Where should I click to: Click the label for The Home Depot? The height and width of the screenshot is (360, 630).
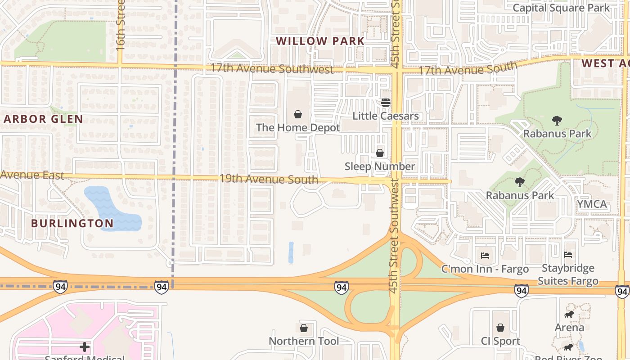(298, 128)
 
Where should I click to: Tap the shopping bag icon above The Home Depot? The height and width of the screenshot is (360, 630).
(297, 114)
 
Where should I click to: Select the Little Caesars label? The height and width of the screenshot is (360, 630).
(386, 116)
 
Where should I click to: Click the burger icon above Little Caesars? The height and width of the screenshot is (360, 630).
(385, 103)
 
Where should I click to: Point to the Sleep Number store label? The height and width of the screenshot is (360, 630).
(380, 166)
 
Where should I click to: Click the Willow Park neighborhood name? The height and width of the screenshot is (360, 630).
(320, 41)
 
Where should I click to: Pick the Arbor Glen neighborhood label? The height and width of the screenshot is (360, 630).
(43, 119)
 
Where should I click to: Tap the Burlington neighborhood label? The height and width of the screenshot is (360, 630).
(72, 223)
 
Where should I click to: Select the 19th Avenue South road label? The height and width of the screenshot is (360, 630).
(269, 179)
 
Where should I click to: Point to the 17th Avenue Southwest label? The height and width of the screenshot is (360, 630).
(272, 69)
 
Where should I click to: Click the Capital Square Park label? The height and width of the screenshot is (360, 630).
(561, 8)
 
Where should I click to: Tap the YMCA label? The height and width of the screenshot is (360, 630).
(592, 204)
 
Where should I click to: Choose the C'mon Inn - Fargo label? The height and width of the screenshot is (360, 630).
(485, 270)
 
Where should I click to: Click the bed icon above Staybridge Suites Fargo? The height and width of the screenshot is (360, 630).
(568, 255)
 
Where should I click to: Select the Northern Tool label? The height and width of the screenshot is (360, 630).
(304, 341)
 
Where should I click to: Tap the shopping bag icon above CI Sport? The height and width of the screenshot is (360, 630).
(500, 328)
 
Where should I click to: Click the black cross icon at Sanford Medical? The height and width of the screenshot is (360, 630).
(85, 346)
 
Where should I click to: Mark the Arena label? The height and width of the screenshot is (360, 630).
(569, 328)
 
